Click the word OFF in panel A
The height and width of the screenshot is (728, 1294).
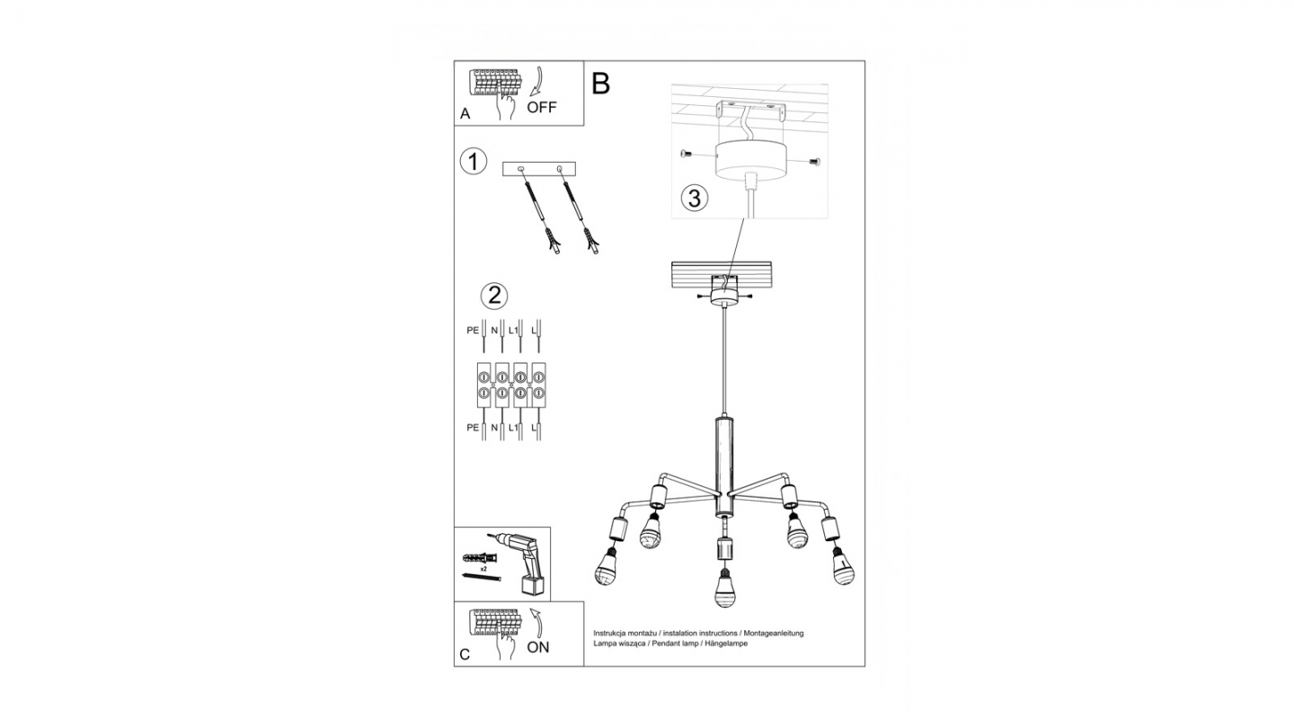(x=541, y=107)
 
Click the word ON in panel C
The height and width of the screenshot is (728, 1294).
(x=537, y=647)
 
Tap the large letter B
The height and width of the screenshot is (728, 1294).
(x=601, y=84)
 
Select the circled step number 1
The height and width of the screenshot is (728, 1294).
(x=473, y=161)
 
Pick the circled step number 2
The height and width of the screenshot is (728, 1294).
(x=494, y=296)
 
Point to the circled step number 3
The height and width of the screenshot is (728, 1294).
(x=695, y=198)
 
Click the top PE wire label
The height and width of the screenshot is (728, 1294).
(x=473, y=331)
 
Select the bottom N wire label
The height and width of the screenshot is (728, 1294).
(x=494, y=428)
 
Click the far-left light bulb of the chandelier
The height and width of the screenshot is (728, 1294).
(x=606, y=566)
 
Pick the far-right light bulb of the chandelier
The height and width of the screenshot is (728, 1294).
(x=843, y=565)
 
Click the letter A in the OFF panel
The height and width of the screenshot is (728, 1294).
(x=465, y=114)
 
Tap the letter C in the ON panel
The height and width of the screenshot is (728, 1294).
(x=465, y=654)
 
